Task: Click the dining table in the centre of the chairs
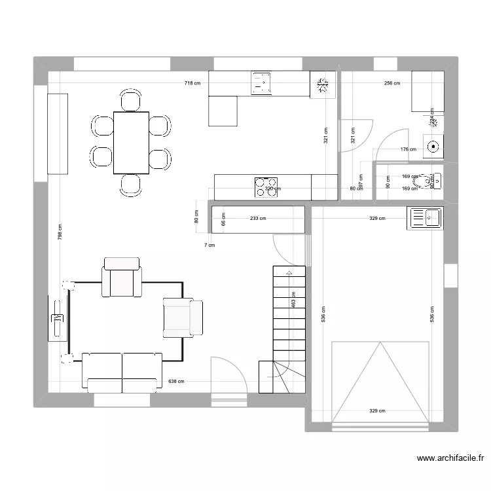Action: [x=131, y=143]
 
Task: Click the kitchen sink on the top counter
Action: [x=261, y=83]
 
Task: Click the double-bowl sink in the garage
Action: [x=426, y=217]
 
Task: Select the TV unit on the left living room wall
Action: [x=58, y=318]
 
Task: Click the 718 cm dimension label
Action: [x=192, y=83]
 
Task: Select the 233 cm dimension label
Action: [x=258, y=219]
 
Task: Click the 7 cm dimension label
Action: [x=209, y=245]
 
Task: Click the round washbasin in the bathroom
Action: [x=432, y=146]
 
